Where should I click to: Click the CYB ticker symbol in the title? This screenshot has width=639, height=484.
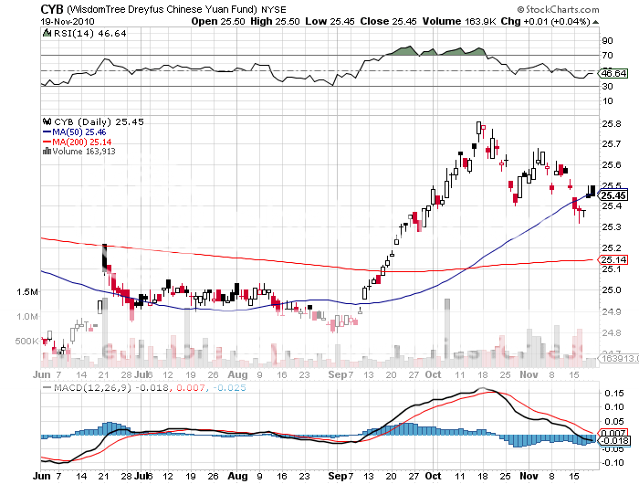pyautogui.click(x=53, y=8)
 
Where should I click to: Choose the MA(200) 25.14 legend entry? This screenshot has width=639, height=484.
pyautogui.click(x=83, y=142)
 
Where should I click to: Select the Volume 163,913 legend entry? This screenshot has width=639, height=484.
pyautogui.click(x=86, y=152)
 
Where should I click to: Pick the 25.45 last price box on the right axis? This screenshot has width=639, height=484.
pyautogui.click(x=613, y=195)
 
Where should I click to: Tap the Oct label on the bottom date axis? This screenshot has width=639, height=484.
pyautogui.click(x=433, y=476)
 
